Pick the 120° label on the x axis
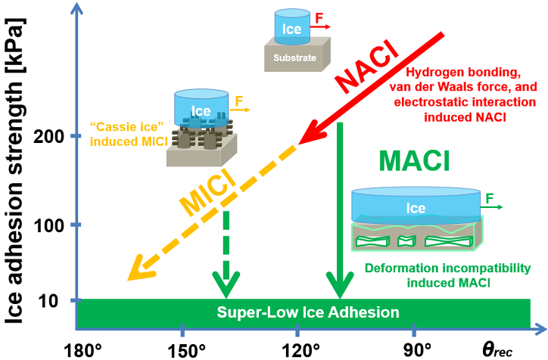pos(298,349)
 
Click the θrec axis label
pos(502,349)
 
